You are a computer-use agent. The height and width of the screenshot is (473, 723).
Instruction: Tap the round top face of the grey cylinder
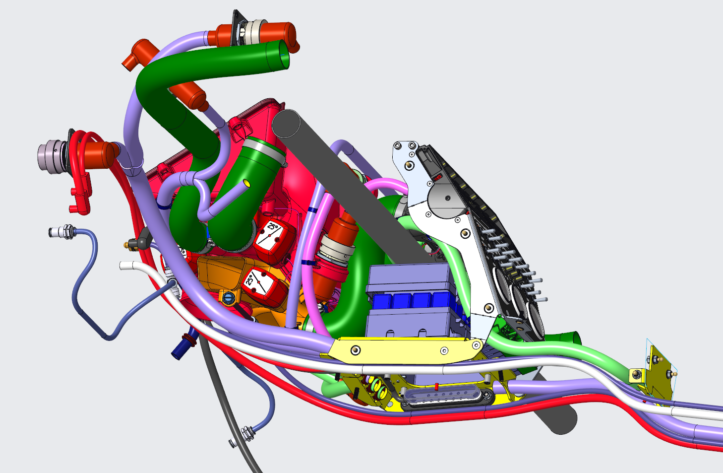tap(286, 124)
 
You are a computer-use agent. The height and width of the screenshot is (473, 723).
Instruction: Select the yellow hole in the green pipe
tap(247, 184)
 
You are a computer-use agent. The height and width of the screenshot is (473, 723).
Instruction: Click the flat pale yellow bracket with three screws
tap(404, 350)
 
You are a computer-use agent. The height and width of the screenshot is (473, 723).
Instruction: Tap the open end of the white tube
tap(122, 266)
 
